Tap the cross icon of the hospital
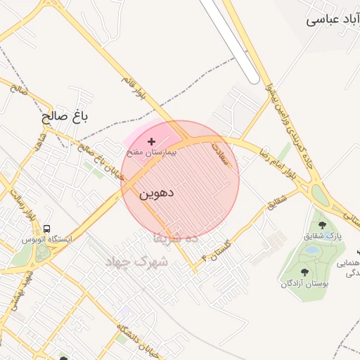[152, 141]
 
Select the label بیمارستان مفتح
[151, 151]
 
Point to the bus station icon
[46, 229]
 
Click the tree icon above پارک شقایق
[323, 225]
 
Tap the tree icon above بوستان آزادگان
[304, 272]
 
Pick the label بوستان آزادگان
[305, 283]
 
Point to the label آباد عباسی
[333, 20]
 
